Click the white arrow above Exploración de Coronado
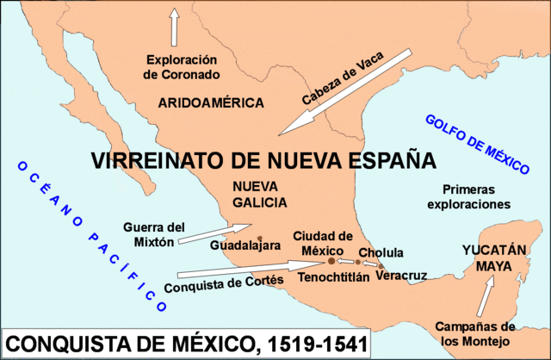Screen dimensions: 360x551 (175, 26)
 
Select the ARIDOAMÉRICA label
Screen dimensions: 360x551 (211, 103)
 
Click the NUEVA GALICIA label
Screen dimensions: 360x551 (257, 194)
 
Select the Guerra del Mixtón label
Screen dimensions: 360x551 (154, 235)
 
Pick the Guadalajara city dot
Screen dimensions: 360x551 (260, 239)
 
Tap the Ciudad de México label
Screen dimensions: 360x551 (323, 243)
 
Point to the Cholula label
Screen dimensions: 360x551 (381, 253)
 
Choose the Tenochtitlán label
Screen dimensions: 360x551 (334, 277)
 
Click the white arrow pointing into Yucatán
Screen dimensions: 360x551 (487, 297)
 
